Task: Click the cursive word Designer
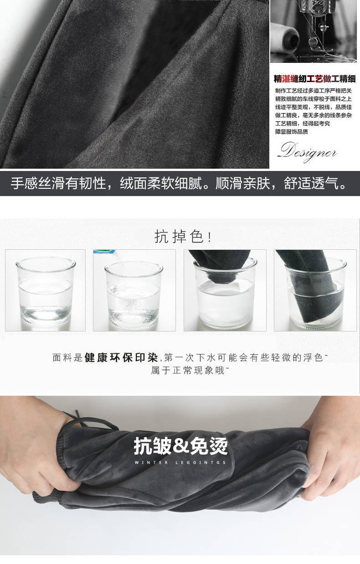point(308,151)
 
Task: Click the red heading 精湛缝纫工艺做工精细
point(314,79)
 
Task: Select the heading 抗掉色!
point(183,237)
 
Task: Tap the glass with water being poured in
point(134,295)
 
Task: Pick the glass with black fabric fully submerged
point(316,293)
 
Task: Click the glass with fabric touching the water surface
point(225,293)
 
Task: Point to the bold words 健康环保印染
point(122,357)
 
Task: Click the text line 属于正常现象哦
point(188,370)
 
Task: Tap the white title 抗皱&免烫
point(180,446)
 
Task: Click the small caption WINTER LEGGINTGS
point(180,462)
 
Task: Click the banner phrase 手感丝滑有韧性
point(58,183)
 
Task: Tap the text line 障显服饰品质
point(291,132)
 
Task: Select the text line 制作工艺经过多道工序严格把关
point(313,91)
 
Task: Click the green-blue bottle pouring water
point(103,252)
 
